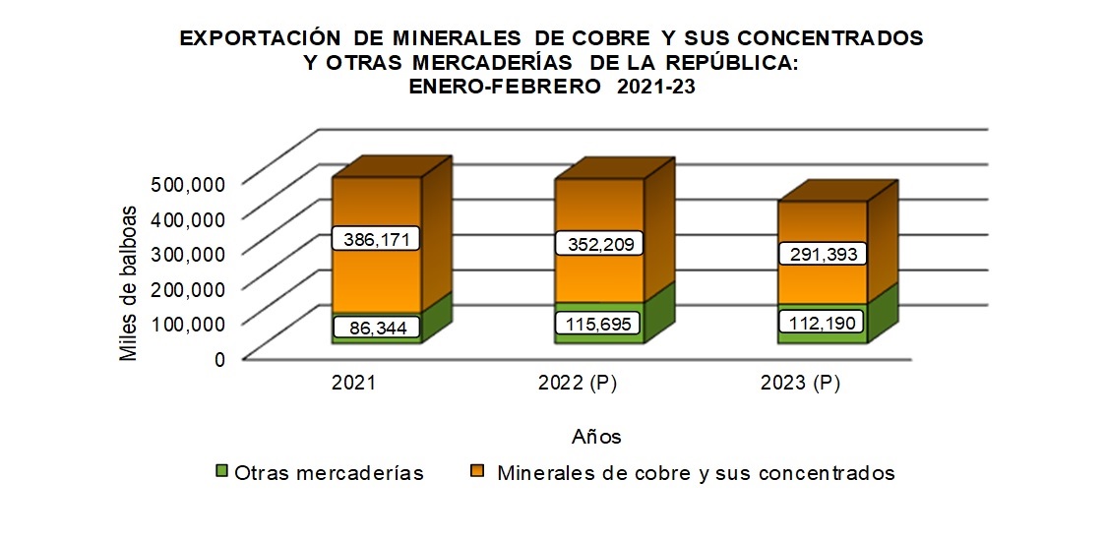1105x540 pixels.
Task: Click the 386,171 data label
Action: [377, 239]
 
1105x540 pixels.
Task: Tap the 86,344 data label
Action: [377, 327]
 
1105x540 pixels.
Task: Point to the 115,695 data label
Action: [599, 323]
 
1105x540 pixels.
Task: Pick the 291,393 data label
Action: [824, 254]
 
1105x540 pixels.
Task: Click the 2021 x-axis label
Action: [354, 385]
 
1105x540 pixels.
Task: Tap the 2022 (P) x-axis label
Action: [577, 385]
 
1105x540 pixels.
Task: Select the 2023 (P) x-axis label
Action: [800, 385]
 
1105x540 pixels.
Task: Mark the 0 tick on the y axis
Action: [219, 359]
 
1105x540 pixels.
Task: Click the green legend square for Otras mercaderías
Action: [221, 472]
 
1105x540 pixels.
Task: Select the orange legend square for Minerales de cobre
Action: [477, 472]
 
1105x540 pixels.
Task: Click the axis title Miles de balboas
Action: [129, 283]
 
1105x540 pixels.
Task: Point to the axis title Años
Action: [595, 435]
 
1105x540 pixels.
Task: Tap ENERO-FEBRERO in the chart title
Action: [500, 87]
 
